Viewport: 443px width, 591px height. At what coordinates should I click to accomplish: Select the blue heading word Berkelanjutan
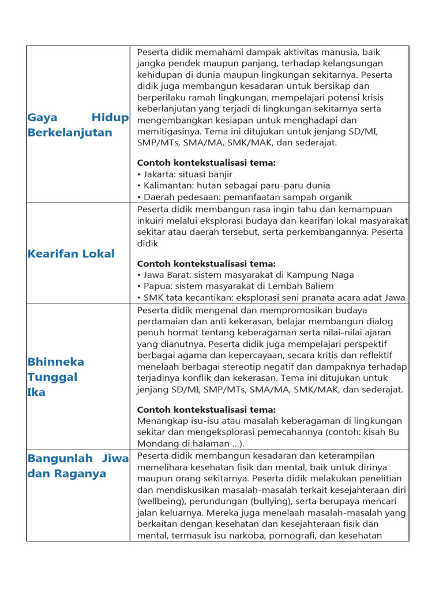(70, 133)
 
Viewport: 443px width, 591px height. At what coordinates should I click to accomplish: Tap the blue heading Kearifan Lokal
(71, 254)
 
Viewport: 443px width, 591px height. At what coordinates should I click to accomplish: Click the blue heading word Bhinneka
(56, 362)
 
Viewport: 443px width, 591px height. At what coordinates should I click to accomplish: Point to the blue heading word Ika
(36, 392)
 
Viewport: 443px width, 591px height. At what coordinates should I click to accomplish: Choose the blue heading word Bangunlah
(60, 459)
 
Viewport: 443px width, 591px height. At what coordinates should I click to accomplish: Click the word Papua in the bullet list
(157, 286)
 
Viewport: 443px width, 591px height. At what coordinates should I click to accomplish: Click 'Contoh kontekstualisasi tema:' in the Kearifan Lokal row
(207, 264)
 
